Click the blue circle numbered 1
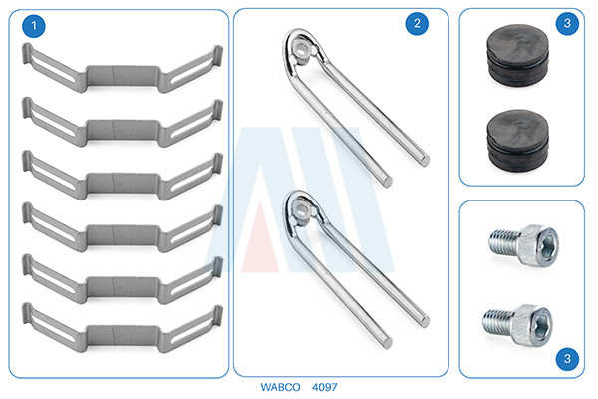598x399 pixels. click(x=34, y=26)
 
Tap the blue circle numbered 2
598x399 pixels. click(x=417, y=24)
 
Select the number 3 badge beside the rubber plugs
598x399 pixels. click(x=567, y=23)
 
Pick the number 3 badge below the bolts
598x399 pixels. click(x=567, y=358)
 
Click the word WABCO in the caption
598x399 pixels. click(x=280, y=387)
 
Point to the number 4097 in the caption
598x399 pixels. click(x=325, y=387)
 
